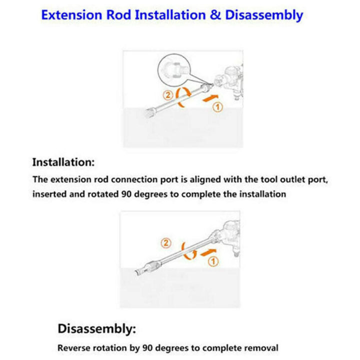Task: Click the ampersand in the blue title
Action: pyautogui.click(x=215, y=15)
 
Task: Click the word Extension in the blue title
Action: pyautogui.click(x=71, y=15)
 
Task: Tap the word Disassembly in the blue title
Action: pyautogui.click(x=264, y=15)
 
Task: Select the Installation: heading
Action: pyautogui.click(x=63, y=162)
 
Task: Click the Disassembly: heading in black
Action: pyautogui.click(x=97, y=328)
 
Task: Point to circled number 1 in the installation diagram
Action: pyautogui.click(x=217, y=107)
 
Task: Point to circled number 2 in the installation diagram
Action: pyautogui.click(x=168, y=95)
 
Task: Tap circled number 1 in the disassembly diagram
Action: pyautogui.click(x=213, y=261)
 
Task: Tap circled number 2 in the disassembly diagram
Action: pyautogui.click(x=166, y=243)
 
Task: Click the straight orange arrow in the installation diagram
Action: pyautogui.click(x=210, y=98)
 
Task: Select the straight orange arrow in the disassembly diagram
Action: pyautogui.click(x=208, y=252)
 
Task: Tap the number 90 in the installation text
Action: pyautogui.click(x=126, y=194)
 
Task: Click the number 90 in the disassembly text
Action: pyautogui.click(x=147, y=348)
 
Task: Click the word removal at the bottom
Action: pyautogui.click(x=261, y=348)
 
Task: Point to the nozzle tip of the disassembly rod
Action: pyautogui.click(x=137, y=273)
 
